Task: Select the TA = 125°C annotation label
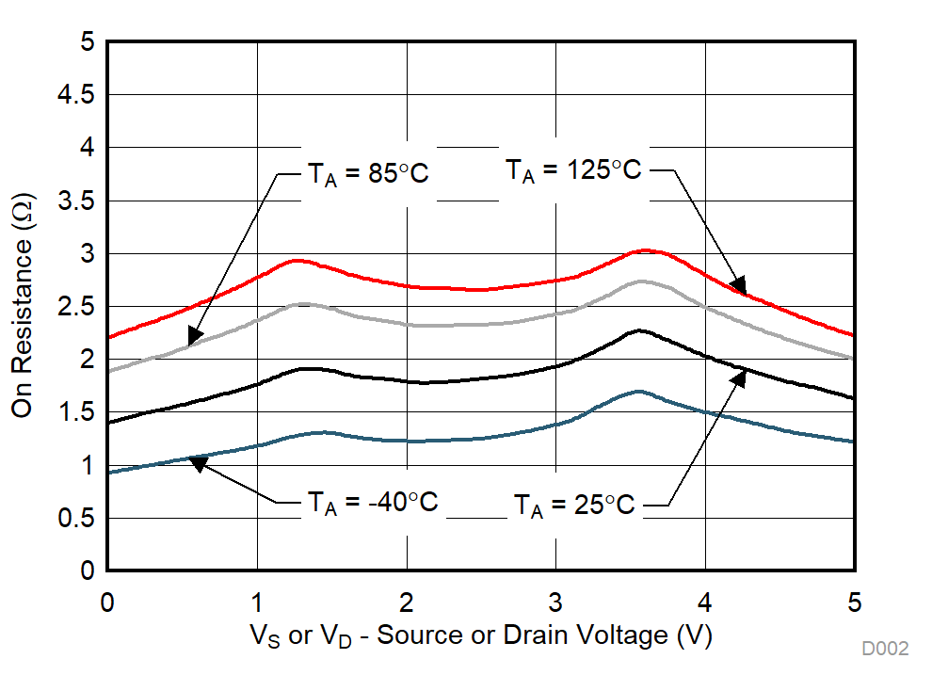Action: click(x=573, y=170)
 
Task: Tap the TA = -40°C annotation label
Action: click(x=372, y=503)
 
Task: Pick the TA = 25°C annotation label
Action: click(x=574, y=506)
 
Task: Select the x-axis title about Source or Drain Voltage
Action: click(x=480, y=636)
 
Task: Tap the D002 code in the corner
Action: click(x=885, y=649)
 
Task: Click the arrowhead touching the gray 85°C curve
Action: click(x=195, y=335)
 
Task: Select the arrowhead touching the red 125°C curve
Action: click(x=738, y=285)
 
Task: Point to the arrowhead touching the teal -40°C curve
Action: click(x=199, y=461)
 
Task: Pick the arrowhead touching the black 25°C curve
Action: click(x=739, y=377)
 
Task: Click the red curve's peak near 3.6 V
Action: click(x=645, y=250)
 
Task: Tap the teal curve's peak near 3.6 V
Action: click(x=639, y=391)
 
